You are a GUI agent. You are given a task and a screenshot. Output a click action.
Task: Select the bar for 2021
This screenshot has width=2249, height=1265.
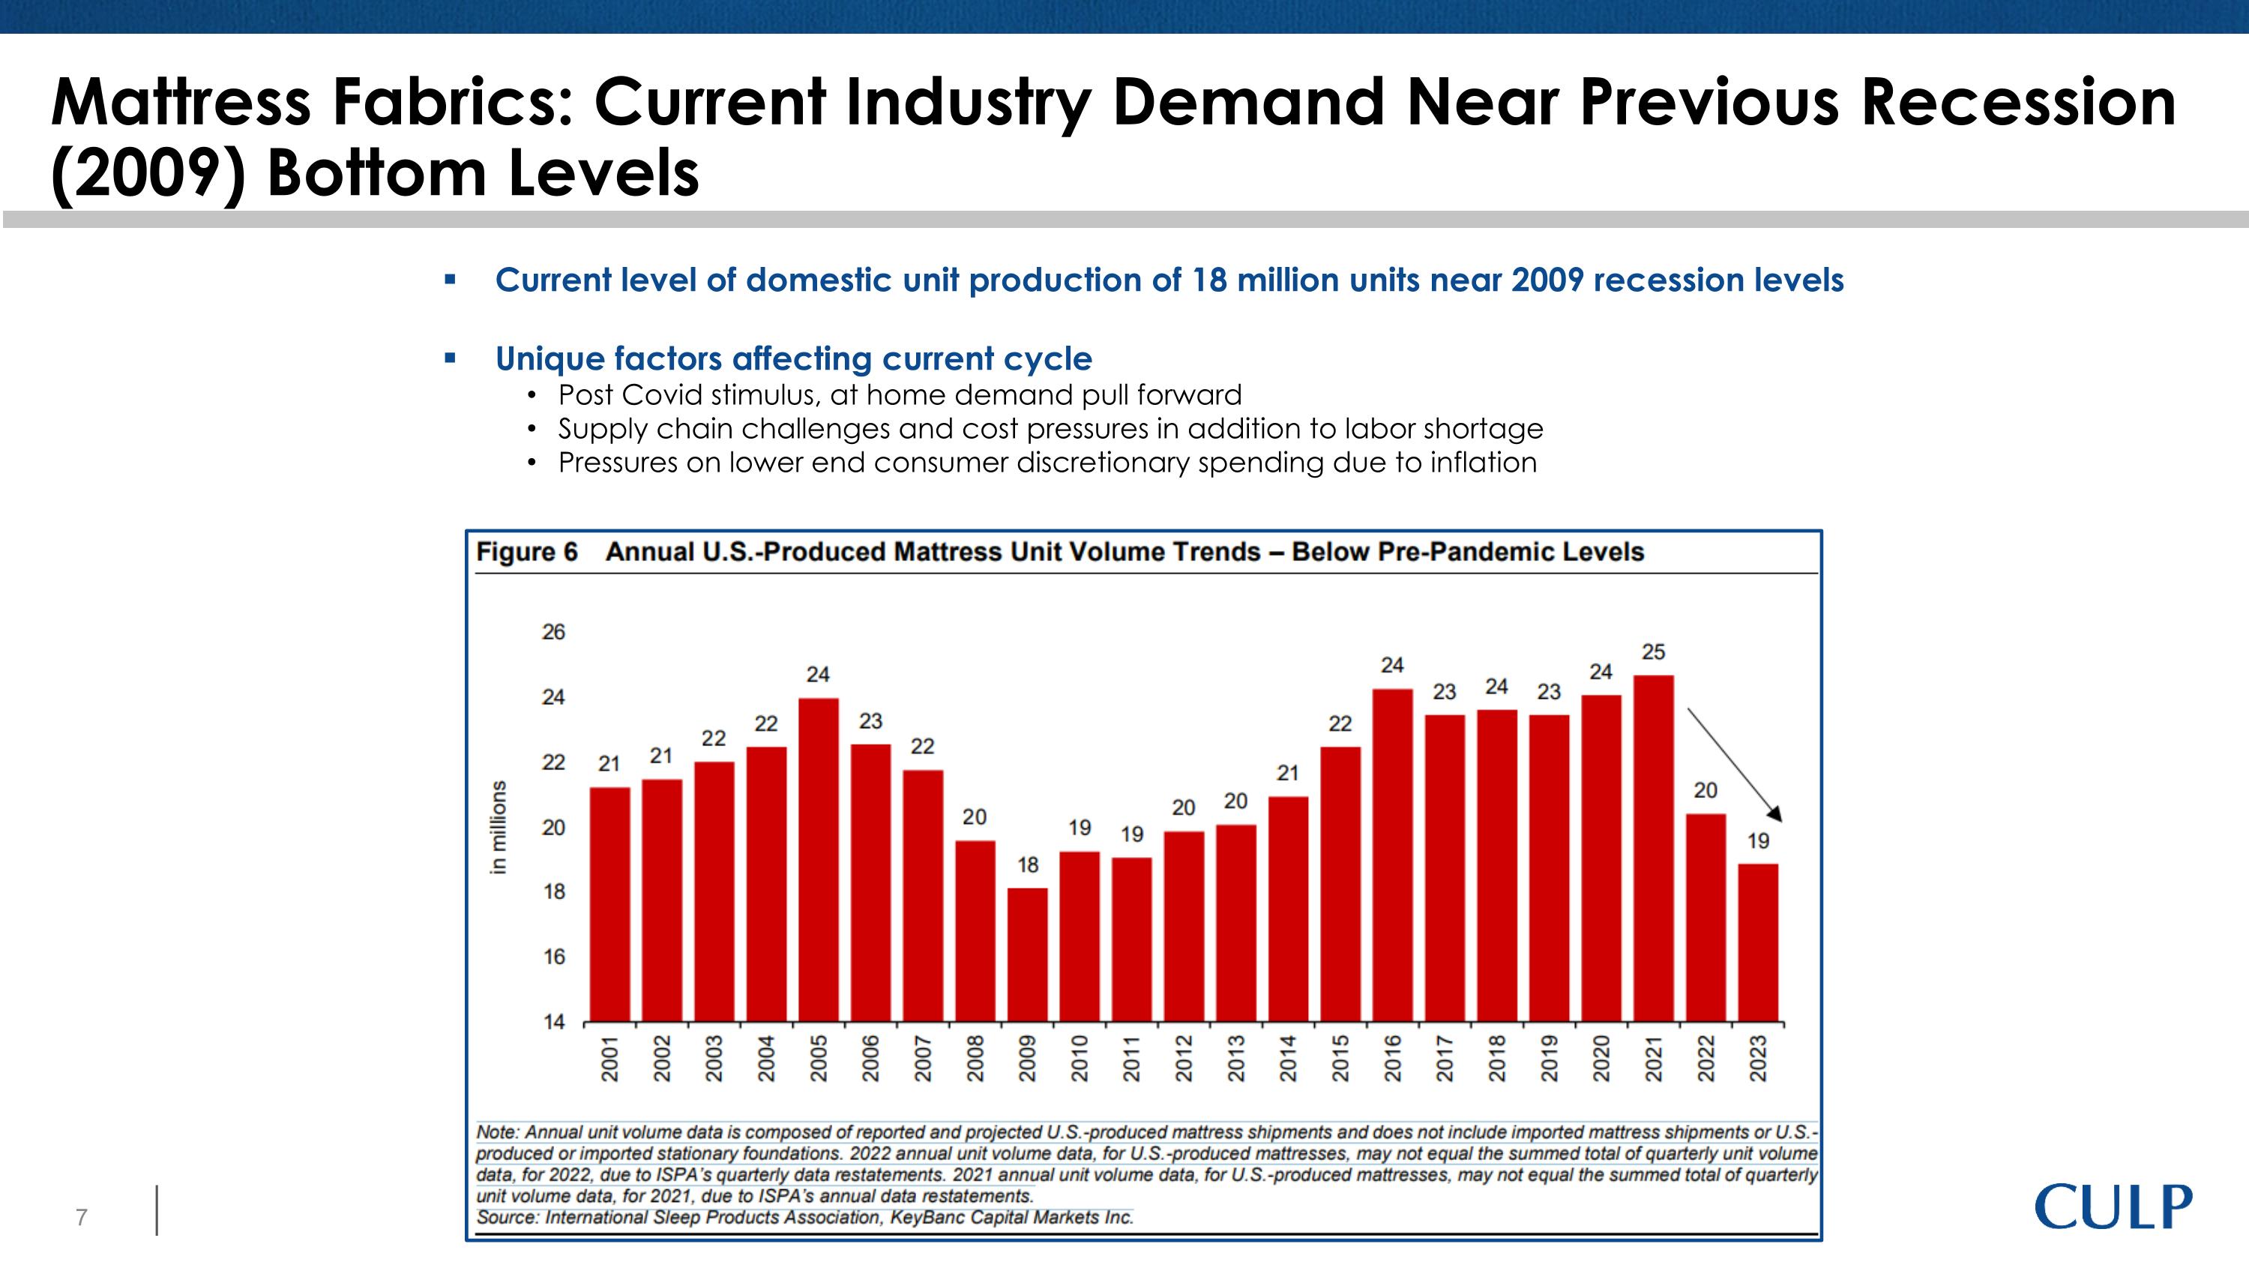[x=1653, y=847]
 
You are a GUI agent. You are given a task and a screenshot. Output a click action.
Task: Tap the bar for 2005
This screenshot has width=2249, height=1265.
[x=818, y=859]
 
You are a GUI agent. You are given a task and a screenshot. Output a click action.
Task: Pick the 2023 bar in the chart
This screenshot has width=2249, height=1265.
[x=1757, y=942]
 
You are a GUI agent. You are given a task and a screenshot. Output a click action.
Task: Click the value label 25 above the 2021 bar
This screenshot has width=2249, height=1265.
[x=1654, y=652]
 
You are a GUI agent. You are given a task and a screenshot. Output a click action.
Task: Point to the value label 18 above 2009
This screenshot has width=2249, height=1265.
[x=1028, y=865]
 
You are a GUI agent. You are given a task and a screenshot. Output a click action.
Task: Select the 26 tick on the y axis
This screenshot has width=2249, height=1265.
[x=553, y=632]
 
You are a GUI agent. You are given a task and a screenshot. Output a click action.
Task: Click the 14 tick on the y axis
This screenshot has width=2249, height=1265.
[x=553, y=1021]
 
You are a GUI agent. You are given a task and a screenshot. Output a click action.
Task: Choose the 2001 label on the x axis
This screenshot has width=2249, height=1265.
[x=610, y=1058]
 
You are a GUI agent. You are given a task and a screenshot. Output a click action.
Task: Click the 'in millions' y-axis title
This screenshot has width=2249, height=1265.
[x=498, y=827]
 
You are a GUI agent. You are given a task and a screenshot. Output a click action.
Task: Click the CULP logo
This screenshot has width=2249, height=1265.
[x=2113, y=1207]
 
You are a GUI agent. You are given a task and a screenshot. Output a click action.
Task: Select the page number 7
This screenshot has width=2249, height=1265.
[x=81, y=1217]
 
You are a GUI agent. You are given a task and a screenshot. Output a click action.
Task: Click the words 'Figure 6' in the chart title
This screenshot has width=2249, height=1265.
[x=526, y=552]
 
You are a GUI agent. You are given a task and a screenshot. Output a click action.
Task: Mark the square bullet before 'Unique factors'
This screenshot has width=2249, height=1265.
[x=450, y=358]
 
